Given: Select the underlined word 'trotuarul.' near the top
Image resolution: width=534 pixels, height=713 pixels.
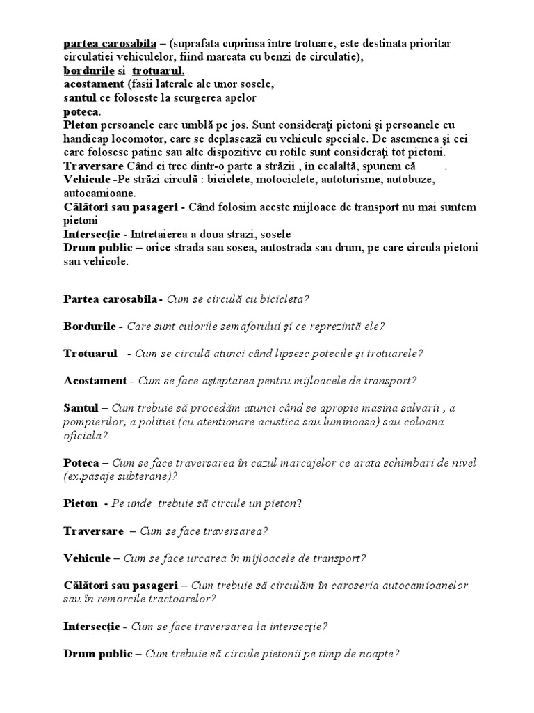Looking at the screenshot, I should coord(158,71).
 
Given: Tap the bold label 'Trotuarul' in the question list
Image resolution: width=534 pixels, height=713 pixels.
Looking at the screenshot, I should coord(90,353).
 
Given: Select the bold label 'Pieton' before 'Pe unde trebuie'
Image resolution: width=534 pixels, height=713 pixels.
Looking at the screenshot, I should coord(81,503).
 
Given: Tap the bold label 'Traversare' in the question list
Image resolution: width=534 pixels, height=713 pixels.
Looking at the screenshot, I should coord(93,530).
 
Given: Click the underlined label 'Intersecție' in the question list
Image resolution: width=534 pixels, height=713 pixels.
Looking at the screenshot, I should coord(92,626).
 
